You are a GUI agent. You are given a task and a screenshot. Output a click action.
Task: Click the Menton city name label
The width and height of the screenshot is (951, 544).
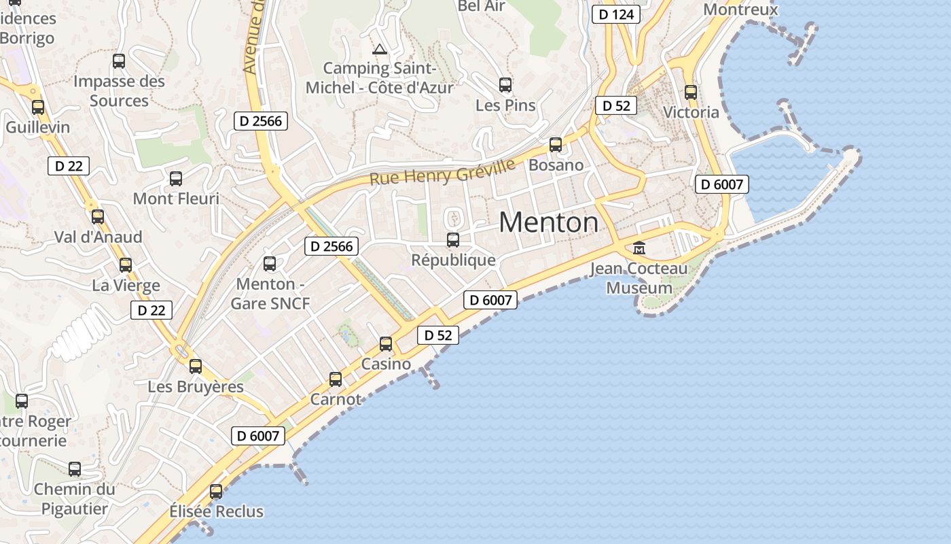pyautogui.click(x=549, y=222)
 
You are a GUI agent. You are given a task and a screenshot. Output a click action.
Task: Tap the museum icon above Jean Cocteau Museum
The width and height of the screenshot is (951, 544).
pyautogui.click(x=639, y=248)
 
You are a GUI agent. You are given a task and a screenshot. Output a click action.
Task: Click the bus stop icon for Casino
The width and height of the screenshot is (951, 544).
pyautogui.click(x=386, y=344)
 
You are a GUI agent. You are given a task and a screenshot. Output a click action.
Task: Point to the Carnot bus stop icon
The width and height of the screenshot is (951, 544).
pyautogui.click(x=336, y=379)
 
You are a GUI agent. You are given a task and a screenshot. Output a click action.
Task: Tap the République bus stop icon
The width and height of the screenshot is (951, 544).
pyautogui.click(x=453, y=240)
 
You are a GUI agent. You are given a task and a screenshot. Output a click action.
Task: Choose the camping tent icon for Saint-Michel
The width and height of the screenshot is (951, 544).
pyautogui.click(x=380, y=49)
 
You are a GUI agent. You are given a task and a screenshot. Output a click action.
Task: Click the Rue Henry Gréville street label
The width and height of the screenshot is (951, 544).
pyautogui.click(x=443, y=171)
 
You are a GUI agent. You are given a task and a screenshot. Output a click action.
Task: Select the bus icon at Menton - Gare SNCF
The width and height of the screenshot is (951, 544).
pyautogui.click(x=270, y=264)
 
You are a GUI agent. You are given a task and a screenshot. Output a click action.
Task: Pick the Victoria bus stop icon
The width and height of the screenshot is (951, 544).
pyautogui.click(x=691, y=92)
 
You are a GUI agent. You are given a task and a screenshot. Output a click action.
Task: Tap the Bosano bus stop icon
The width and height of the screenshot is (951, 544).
pyautogui.click(x=556, y=145)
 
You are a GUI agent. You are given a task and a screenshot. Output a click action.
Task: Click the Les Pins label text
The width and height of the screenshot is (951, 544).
pyautogui.click(x=505, y=105)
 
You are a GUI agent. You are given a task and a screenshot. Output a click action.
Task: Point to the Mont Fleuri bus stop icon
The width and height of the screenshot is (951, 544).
pyautogui.click(x=176, y=179)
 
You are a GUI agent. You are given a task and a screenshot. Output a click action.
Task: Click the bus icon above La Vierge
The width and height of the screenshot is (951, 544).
pyautogui.click(x=126, y=265)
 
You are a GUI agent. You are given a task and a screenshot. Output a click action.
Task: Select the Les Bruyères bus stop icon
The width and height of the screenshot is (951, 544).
pyautogui.click(x=196, y=367)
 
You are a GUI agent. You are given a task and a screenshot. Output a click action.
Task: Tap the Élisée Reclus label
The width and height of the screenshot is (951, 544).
pyautogui.click(x=216, y=511)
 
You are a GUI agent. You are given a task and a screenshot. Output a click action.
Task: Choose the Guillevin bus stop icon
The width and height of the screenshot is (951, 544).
pyautogui.click(x=38, y=107)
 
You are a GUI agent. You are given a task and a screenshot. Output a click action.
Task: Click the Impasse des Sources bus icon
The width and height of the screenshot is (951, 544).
pyautogui.click(x=119, y=61)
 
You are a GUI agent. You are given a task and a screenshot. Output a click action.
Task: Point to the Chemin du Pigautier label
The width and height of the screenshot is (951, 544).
pyautogui.click(x=75, y=498)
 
